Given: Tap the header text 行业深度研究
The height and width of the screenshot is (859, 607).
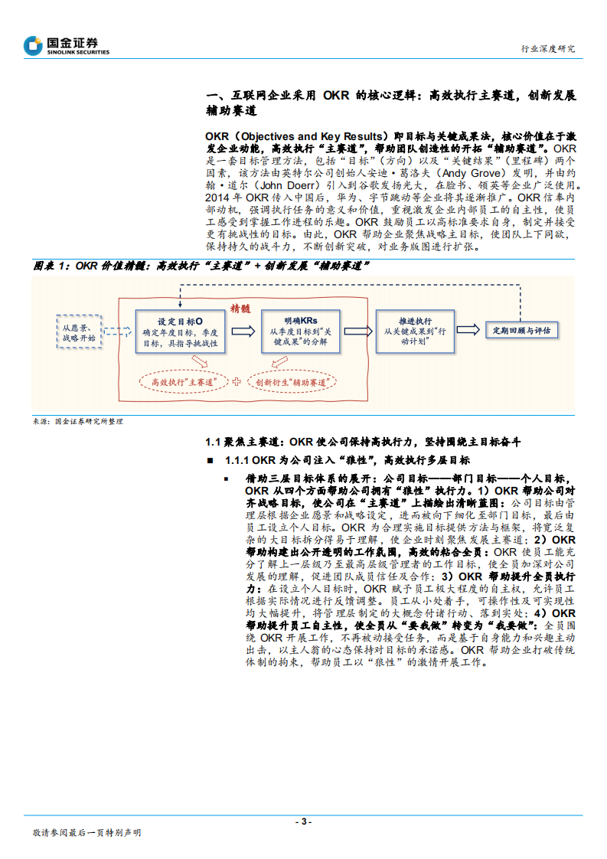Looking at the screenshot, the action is (x=548, y=49).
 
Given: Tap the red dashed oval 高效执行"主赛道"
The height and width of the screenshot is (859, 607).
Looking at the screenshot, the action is (x=183, y=381).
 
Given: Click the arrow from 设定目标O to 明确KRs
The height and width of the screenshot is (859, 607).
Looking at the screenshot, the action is (x=241, y=331).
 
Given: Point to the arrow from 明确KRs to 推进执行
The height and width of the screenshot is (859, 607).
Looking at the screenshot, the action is (x=357, y=331).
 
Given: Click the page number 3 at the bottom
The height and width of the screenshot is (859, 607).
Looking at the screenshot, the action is (x=304, y=821).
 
